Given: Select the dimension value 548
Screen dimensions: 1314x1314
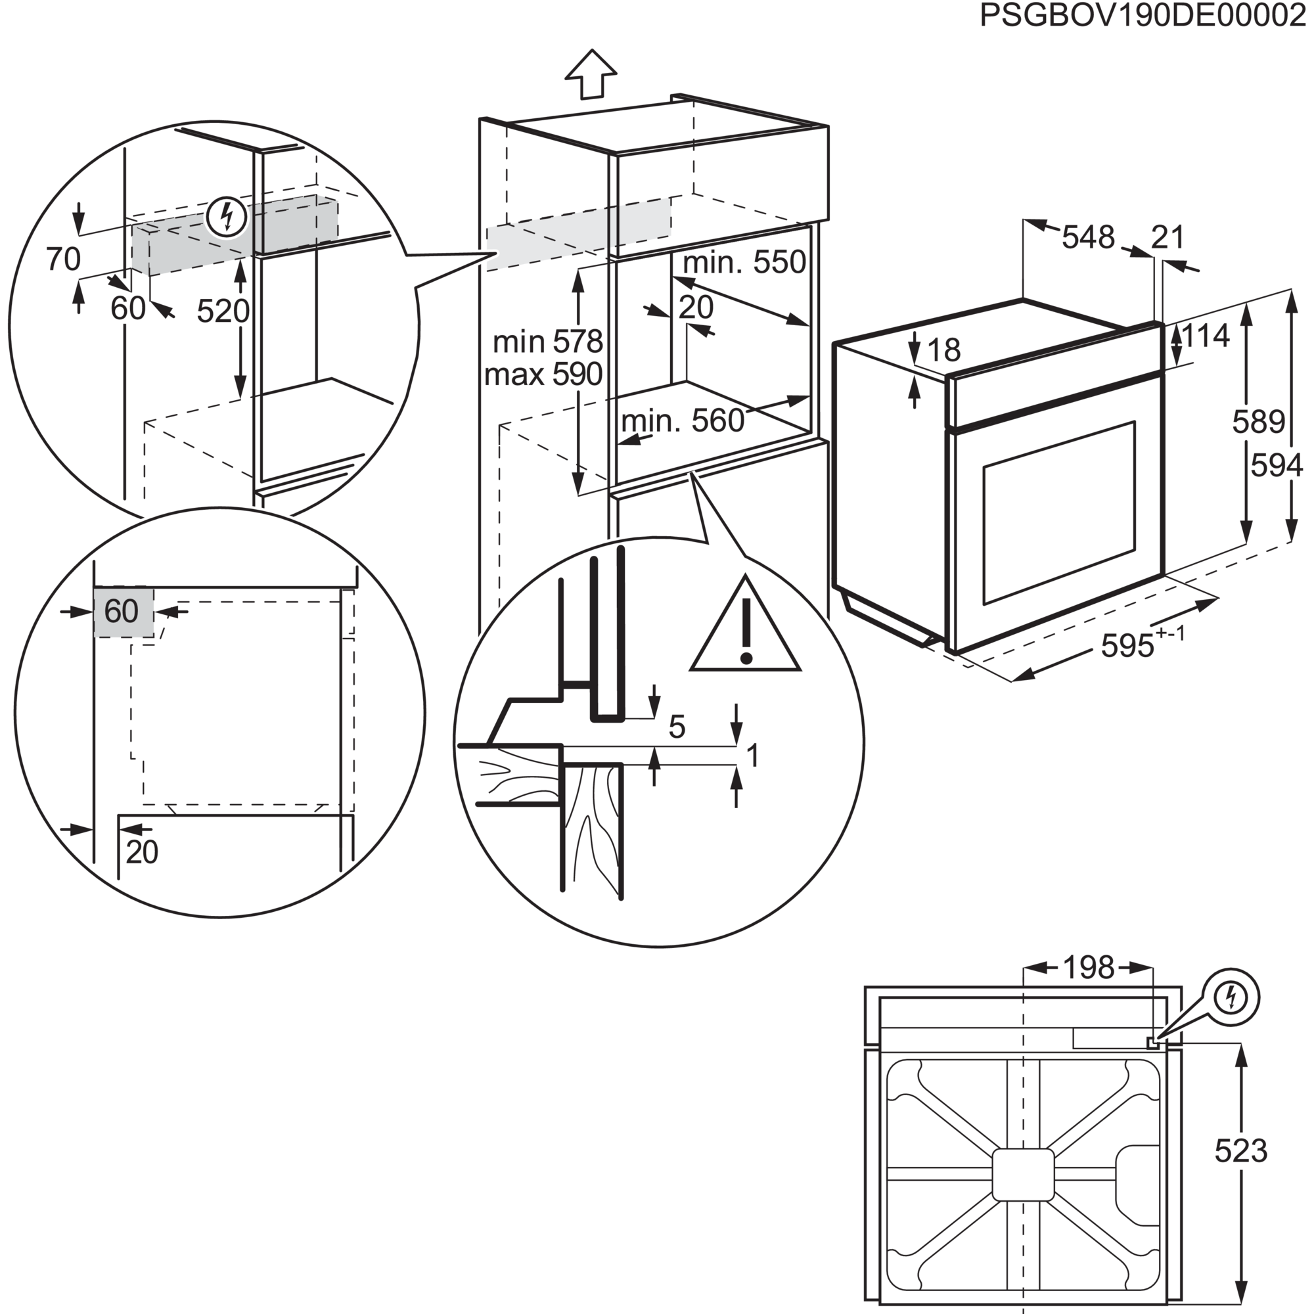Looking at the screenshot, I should [x=1088, y=237].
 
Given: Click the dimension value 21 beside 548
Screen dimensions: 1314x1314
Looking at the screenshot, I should [x=1167, y=237].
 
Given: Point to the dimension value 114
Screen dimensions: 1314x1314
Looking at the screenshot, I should [x=1206, y=336].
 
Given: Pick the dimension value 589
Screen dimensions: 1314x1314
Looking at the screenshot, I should [x=1258, y=422].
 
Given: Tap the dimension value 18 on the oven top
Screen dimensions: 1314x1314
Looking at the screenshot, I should [x=943, y=350].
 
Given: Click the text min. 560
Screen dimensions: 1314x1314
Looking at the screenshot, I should [x=683, y=422].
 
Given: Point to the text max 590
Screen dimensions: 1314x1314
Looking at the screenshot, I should [x=543, y=374].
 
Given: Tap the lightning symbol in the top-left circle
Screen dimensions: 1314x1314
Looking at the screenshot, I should [x=227, y=217].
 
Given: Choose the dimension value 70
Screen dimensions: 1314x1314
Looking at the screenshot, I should [x=63, y=259].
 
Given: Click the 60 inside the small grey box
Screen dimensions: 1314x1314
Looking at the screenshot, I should [x=122, y=612].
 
